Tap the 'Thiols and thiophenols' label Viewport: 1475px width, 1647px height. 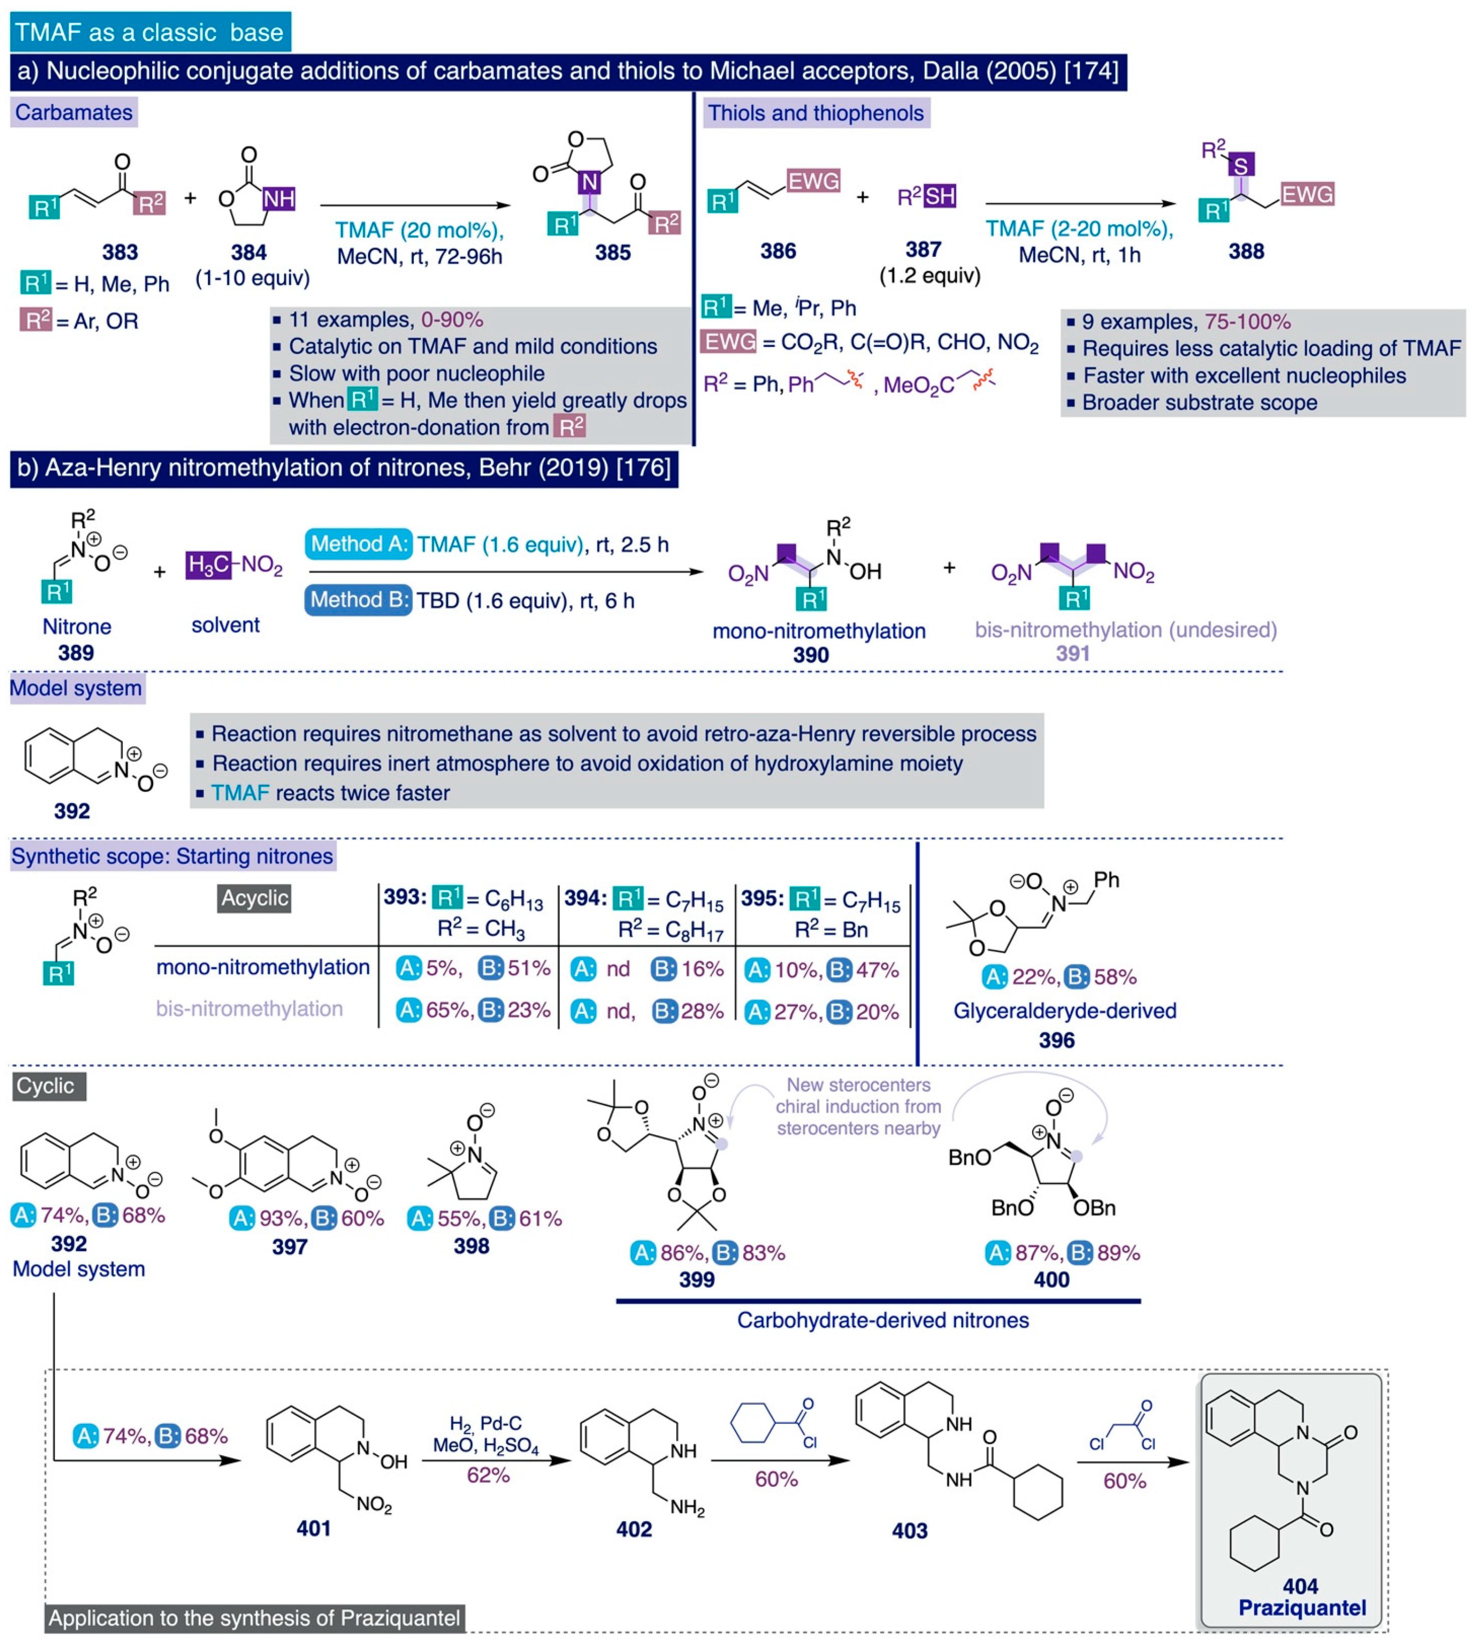pyautogui.click(x=815, y=113)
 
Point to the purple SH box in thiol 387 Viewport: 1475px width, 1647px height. pyautogui.click(x=940, y=196)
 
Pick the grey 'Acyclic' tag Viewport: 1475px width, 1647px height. pyautogui.click(x=254, y=898)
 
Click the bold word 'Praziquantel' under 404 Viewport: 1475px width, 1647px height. pyautogui.click(x=1302, y=1607)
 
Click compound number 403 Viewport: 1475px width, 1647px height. pyautogui.click(x=910, y=1530)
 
